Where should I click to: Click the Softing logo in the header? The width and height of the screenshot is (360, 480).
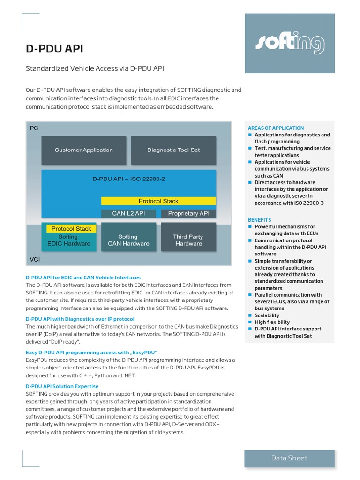290,44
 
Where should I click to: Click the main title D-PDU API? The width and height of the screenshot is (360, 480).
54,49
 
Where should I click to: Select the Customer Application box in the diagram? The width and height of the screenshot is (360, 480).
83,150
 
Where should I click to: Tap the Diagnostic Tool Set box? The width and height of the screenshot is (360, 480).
173,150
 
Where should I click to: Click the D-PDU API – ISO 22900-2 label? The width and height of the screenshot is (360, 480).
128,179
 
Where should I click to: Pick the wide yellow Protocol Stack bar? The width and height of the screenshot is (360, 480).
158,201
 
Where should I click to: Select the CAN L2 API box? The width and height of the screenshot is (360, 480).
128,214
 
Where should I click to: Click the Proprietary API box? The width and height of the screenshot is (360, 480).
188,214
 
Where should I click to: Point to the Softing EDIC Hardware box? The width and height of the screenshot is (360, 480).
69,240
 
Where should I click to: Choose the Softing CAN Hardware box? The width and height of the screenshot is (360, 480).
128,240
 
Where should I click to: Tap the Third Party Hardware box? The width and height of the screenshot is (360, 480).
188,240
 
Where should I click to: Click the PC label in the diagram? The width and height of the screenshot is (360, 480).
34,128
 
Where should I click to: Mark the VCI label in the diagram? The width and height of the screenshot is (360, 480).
35,259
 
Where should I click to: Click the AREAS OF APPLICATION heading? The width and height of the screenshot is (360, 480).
276,128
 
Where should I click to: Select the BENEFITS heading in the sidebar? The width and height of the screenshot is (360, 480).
259,220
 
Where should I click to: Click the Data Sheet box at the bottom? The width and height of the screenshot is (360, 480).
289,458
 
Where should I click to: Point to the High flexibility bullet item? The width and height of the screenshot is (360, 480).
272,322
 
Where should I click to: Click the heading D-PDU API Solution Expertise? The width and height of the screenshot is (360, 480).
62,386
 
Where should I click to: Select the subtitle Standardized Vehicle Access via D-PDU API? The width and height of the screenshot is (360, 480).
94,69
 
